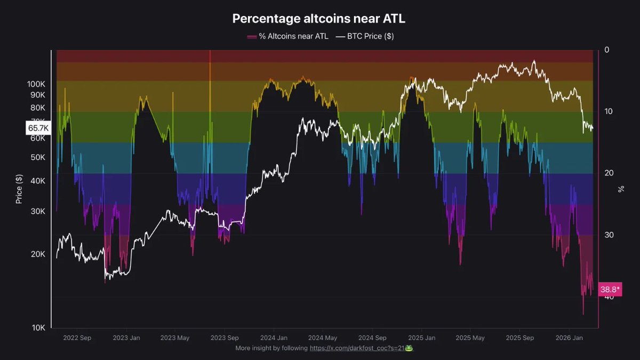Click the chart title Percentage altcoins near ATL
coord(318,19)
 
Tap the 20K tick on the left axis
coord(38,254)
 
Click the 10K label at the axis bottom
coord(38,327)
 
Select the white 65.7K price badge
coord(38,128)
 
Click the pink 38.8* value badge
coord(610,290)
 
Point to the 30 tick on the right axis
coord(609,235)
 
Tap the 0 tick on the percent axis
coord(607,50)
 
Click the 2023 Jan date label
coord(127,338)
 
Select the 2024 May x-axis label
coord(323,338)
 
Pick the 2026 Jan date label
coord(569,338)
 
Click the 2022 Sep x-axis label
coord(77,338)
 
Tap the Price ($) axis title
coord(19,189)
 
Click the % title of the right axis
coord(621,189)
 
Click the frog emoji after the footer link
coord(409,348)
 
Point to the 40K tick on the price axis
coord(38,181)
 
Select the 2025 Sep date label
coord(519,338)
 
